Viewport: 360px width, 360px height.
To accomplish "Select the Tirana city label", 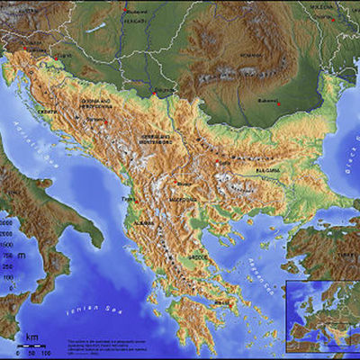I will (x=128, y=200).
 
